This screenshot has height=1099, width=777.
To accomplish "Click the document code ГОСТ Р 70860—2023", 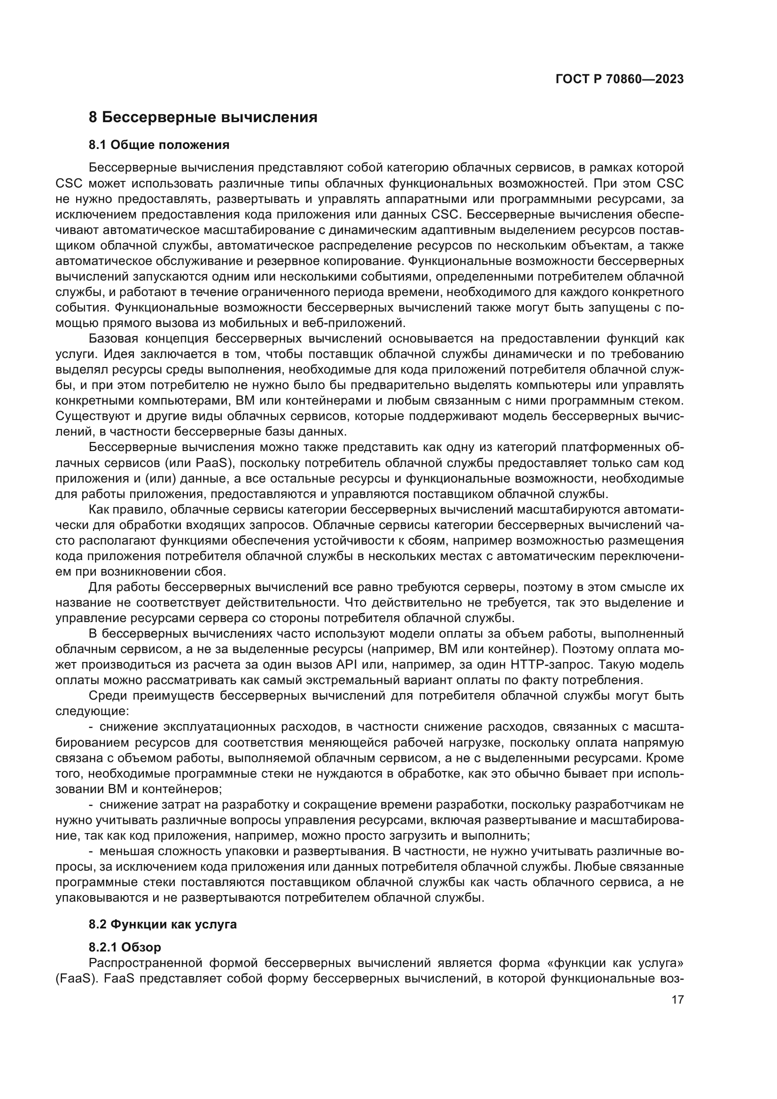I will click(619, 79).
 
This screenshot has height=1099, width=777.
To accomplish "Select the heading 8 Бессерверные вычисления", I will click(203, 117).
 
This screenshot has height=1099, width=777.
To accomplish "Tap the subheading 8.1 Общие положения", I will click(159, 145).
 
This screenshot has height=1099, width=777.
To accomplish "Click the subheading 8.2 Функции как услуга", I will click(163, 924).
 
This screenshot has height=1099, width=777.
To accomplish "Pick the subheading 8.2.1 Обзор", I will click(125, 947).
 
